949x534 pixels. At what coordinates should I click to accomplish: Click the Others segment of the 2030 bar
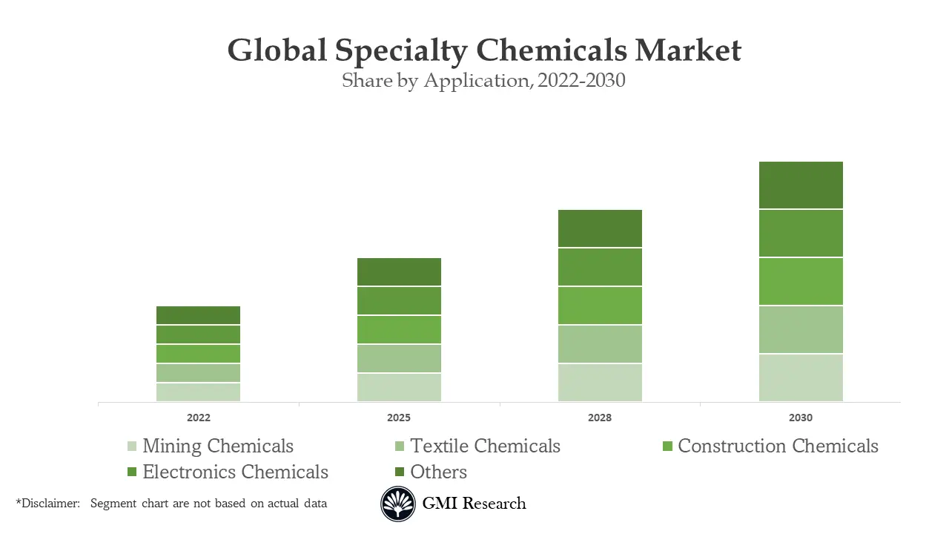point(801,185)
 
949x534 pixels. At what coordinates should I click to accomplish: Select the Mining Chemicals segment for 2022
point(198,392)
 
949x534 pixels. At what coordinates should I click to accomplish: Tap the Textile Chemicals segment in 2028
point(600,343)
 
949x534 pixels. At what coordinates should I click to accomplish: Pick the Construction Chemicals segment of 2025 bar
point(399,329)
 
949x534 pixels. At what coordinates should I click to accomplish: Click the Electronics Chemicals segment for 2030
point(801,233)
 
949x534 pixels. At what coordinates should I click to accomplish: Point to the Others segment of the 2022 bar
point(198,314)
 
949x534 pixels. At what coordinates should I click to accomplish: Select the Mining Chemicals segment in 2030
point(801,378)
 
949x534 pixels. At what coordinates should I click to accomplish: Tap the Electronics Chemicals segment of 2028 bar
point(600,266)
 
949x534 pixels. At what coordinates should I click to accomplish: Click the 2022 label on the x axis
point(198,418)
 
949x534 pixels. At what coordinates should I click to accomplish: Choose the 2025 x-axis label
point(399,418)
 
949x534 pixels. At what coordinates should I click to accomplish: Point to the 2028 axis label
point(600,418)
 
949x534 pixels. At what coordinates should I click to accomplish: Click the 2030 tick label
point(801,418)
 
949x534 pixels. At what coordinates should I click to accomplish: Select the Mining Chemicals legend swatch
point(132,446)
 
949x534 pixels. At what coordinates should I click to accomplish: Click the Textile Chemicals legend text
point(485,446)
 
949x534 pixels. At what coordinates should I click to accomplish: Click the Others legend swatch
point(400,472)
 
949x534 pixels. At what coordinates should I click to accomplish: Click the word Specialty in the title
point(400,51)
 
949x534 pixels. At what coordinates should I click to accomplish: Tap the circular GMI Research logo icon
point(398,504)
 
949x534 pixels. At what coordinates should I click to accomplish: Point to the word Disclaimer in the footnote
point(49,504)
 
